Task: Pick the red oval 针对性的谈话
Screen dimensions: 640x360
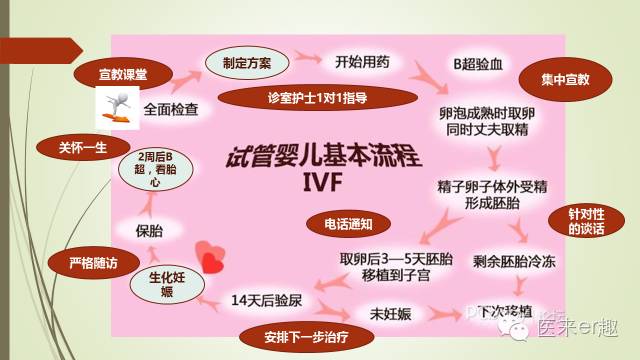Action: (581, 222)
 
